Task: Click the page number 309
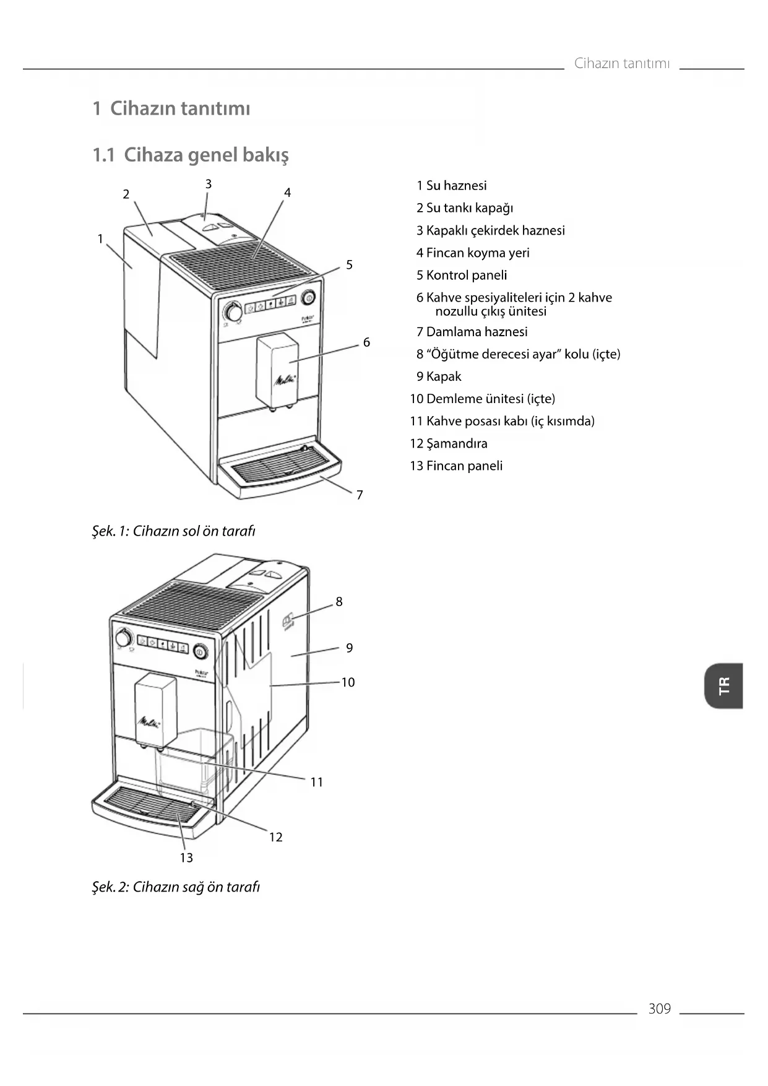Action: (659, 1009)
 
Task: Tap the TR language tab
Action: (723, 685)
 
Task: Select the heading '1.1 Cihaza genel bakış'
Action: (191, 155)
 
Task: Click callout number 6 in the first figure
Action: (366, 342)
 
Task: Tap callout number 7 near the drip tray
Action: (360, 495)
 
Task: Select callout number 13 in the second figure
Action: (186, 858)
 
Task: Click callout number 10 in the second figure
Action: (348, 682)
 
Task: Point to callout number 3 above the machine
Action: (209, 184)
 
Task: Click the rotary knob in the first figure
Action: (233, 311)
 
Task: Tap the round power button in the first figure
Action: (308, 298)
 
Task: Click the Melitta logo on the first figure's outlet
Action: (285, 379)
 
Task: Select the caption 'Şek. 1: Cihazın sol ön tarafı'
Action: (174, 531)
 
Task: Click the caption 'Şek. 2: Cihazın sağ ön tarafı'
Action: (176, 887)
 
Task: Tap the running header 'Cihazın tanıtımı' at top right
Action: (622, 63)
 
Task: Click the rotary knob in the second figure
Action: (124, 638)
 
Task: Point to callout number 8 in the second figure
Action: (339, 601)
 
